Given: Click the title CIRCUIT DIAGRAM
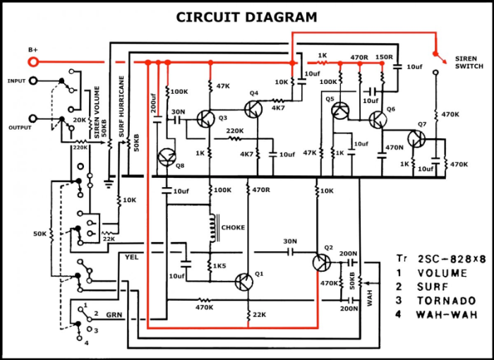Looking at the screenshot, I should (x=246, y=17).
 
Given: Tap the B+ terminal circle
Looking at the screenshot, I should (x=32, y=62).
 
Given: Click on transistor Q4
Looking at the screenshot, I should (x=253, y=109).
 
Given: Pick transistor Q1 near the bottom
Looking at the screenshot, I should (x=244, y=282).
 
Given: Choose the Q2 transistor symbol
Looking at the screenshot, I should (x=322, y=263).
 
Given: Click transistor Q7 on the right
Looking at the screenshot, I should (x=417, y=140).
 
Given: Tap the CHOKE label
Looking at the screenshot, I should (x=233, y=228).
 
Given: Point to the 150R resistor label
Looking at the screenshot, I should (x=384, y=56).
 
